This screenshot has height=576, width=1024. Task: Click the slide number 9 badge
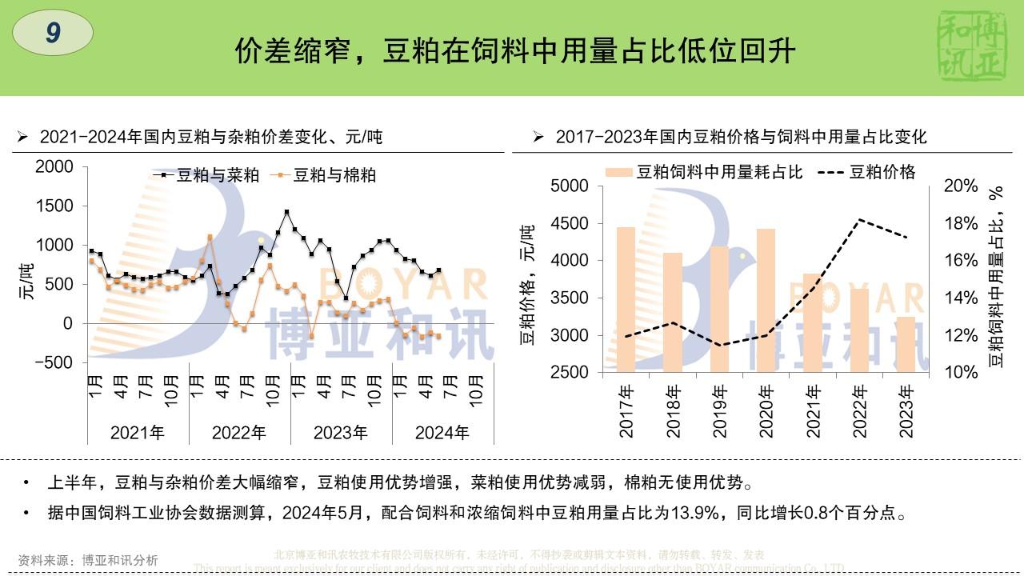click(x=53, y=33)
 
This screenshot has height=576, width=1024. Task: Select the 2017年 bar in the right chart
click(x=626, y=299)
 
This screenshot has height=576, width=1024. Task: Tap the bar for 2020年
click(x=766, y=300)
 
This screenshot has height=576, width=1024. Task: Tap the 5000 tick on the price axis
click(x=571, y=186)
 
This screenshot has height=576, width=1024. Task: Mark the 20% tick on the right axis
click(x=961, y=186)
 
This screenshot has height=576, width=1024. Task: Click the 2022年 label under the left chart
click(x=239, y=433)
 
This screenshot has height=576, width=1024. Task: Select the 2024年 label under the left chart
click(x=442, y=433)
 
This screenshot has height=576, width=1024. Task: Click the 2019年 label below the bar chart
click(x=720, y=412)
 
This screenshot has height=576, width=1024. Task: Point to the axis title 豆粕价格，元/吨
click(x=528, y=285)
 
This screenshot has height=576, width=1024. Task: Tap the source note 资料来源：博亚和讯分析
click(x=88, y=561)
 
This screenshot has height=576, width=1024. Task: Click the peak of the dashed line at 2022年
click(x=859, y=219)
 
